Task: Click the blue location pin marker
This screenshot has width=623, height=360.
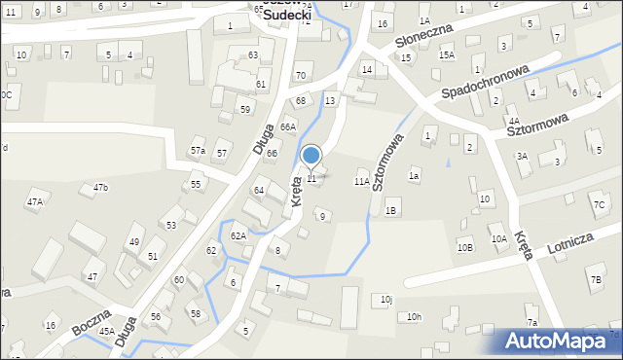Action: [311, 156]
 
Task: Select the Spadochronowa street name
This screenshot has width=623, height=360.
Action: [485, 83]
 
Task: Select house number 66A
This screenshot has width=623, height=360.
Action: [287, 127]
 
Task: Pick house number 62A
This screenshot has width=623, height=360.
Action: [238, 235]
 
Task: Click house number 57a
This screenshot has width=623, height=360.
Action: [198, 150]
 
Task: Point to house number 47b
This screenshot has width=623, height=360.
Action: [100, 187]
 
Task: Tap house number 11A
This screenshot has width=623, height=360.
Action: [361, 182]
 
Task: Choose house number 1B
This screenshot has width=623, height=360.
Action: [391, 210]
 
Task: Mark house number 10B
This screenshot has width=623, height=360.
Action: [464, 247]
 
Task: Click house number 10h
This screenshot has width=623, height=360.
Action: [415, 316]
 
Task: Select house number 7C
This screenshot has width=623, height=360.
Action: [599, 204]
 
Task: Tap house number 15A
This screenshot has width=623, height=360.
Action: [446, 55]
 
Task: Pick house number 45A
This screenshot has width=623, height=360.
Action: [106, 331]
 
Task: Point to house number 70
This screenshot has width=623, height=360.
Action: [301, 75]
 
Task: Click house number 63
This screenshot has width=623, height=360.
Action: [253, 55]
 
